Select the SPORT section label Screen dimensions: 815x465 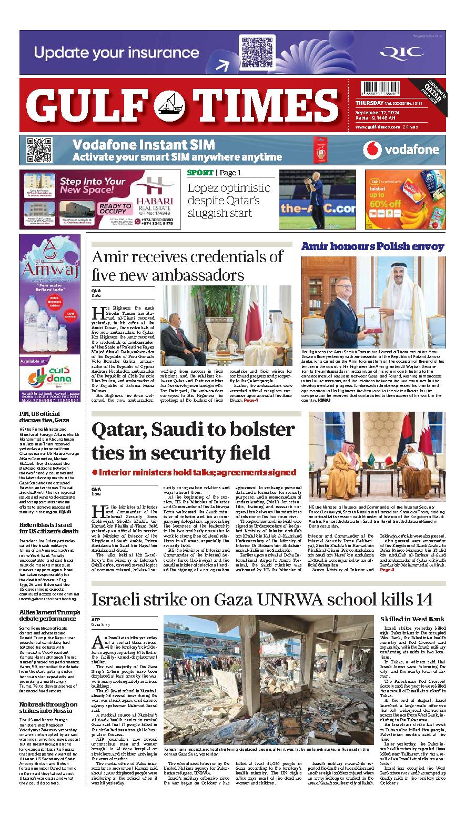tap(200, 173)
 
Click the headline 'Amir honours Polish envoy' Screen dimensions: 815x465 tap(372, 246)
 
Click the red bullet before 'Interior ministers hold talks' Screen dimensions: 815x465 tap(95, 472)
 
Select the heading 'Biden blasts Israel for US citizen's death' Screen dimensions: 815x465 tap(49, 528)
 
